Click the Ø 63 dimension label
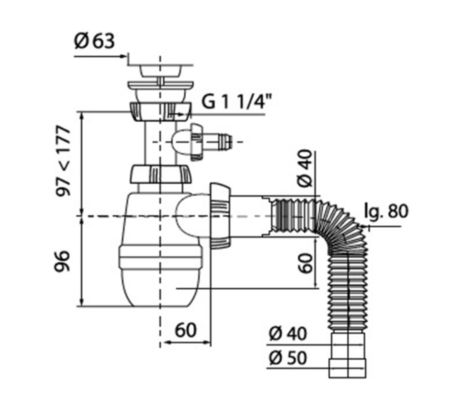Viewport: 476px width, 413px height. (x=94, y=41)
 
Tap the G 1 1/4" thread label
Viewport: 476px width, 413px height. (x=236, y=102)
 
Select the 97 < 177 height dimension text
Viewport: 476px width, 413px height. (x=63, y=161)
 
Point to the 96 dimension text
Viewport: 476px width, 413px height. (x=63, y=261)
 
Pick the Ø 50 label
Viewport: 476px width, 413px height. (x=288, y=358)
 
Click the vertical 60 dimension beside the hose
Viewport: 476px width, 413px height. (x=305, y=263)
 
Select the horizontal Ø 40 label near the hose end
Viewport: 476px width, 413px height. (x=288, y=333)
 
